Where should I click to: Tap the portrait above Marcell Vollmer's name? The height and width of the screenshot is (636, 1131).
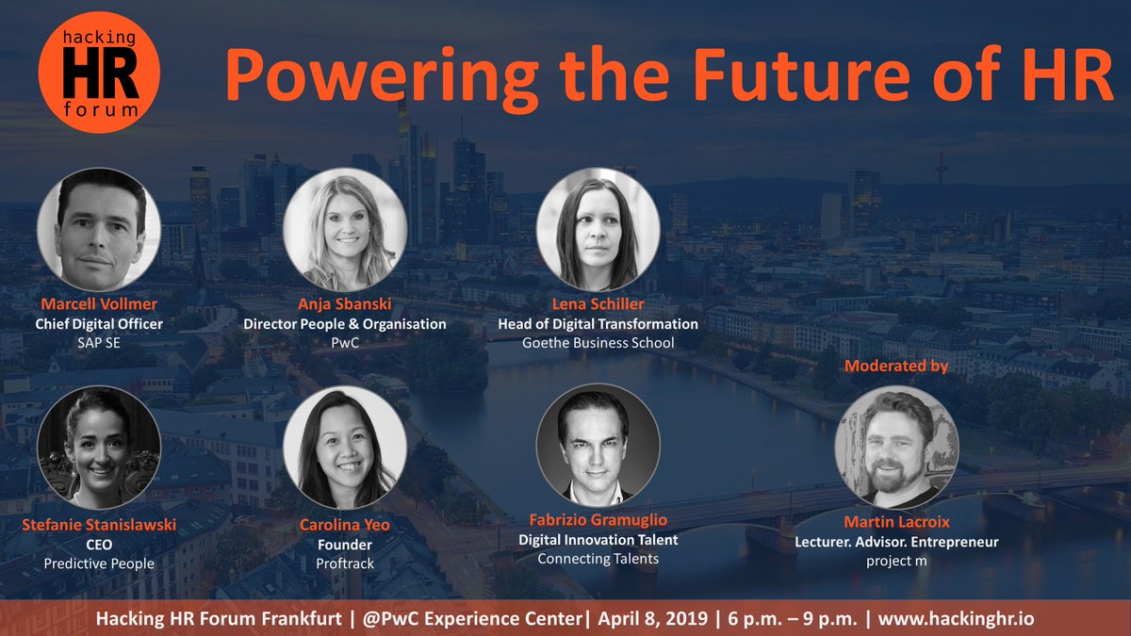tap(99, 229)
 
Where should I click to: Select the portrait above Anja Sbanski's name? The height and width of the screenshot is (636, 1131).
tap(345, 229)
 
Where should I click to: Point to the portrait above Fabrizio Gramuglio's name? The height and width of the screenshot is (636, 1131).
tap(598, 445)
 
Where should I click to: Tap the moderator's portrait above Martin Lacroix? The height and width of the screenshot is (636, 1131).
tap(896, 447)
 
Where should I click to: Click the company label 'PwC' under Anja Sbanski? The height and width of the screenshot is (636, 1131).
tap(345, 342)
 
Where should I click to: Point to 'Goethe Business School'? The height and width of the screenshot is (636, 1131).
tap(598, 342)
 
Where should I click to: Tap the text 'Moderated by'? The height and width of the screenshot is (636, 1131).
tap(896, 366)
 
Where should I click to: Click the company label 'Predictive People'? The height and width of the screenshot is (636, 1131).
tap(98, 563)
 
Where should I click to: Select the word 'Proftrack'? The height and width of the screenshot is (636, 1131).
tap(345, 563)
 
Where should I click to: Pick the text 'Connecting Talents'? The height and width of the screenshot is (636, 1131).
tap(598, 559)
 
